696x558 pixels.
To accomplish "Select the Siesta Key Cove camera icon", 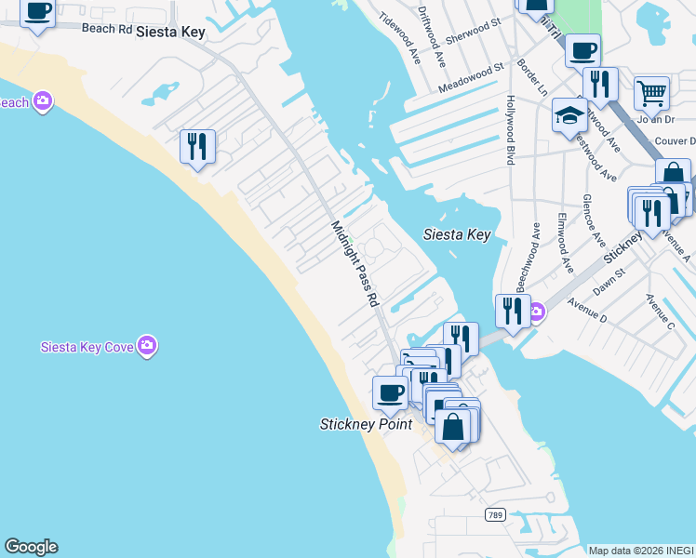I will [x=146, y=346].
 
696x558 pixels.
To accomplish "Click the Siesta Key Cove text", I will [x=87, y=347].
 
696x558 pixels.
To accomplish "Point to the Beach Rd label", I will [x=107, y=28].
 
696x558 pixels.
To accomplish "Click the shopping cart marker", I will [x=652, y=93].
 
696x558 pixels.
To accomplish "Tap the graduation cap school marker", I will [x=569, y=115].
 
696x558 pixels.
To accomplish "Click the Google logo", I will [x=31, y=547].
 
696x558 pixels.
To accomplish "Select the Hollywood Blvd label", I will [x=510, y=129].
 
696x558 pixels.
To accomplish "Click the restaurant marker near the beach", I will [x=197, y=147].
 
